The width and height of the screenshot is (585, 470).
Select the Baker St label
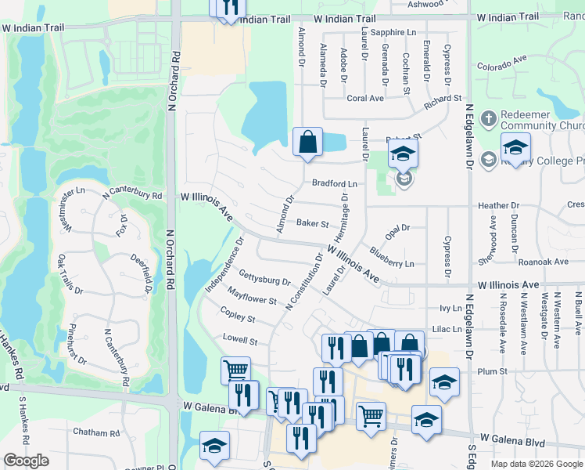click(x=312, y=223)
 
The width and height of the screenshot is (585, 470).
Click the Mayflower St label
click(x=251, y=296)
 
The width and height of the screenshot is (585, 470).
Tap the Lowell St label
click(x=239, y=341)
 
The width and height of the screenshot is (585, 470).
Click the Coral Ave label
click(x=364, y=99)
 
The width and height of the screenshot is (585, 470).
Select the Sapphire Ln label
click(x=393, y=32)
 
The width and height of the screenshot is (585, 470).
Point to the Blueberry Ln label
click(x=392, y=258)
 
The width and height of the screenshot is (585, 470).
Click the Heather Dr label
click(x=498, y=206)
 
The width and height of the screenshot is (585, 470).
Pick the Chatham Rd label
click(x=94, y=432)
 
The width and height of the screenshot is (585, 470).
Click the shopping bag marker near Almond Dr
click(x=308, y=143)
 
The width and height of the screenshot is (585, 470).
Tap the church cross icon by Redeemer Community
click(x=488, y=120)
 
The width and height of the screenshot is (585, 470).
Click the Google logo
click(x=27, y=461)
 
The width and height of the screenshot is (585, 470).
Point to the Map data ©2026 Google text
click(x=536, y=464)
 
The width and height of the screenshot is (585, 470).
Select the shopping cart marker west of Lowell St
click(x=235, y=369)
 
